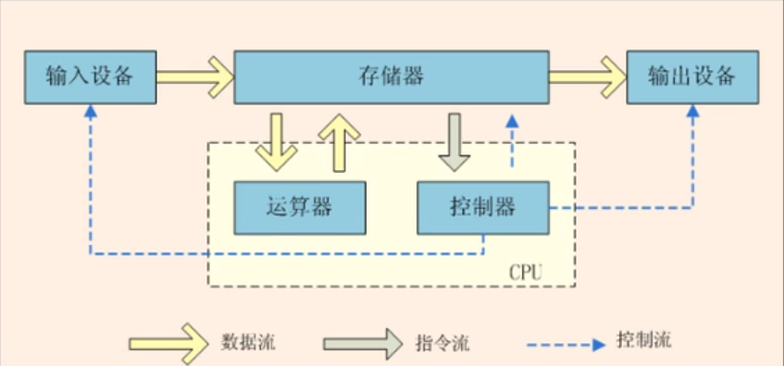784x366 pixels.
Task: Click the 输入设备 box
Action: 91,77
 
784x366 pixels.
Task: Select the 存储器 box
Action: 392,77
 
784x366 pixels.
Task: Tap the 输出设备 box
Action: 692,77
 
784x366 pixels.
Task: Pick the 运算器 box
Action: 300,208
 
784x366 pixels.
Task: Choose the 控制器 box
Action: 483,208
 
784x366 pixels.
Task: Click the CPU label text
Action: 526,273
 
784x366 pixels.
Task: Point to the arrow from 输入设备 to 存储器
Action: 195,77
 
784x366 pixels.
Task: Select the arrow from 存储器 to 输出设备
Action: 588,77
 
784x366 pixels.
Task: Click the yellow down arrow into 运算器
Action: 276,143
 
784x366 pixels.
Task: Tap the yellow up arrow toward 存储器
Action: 339,143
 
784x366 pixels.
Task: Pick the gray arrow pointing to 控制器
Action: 454,143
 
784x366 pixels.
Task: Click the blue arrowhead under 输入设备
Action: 91,111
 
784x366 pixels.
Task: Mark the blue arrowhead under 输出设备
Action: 692,111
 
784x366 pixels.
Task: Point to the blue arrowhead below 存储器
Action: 512,120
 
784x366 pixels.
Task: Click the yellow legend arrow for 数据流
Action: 168,344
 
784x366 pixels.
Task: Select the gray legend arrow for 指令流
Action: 363,344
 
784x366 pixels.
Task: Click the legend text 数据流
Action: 248,343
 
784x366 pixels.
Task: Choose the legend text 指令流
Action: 442,343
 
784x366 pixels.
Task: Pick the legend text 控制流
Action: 644,340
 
